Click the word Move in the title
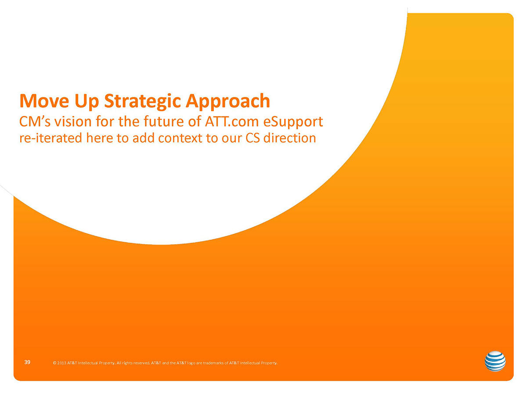coord(44,101)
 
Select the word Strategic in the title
coord(142,102)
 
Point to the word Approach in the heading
coord(228,102)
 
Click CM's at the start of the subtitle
coord(35,121)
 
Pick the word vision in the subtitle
coord(73,121)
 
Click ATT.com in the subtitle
coord(231,121)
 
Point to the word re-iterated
coord(51,138)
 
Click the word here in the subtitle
coord(100,138)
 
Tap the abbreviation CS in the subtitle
coord(253,138)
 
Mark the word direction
coord(289,138)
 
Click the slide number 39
coord(27,362)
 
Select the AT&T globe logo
coord(495,361)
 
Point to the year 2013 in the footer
coord(61,363)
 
